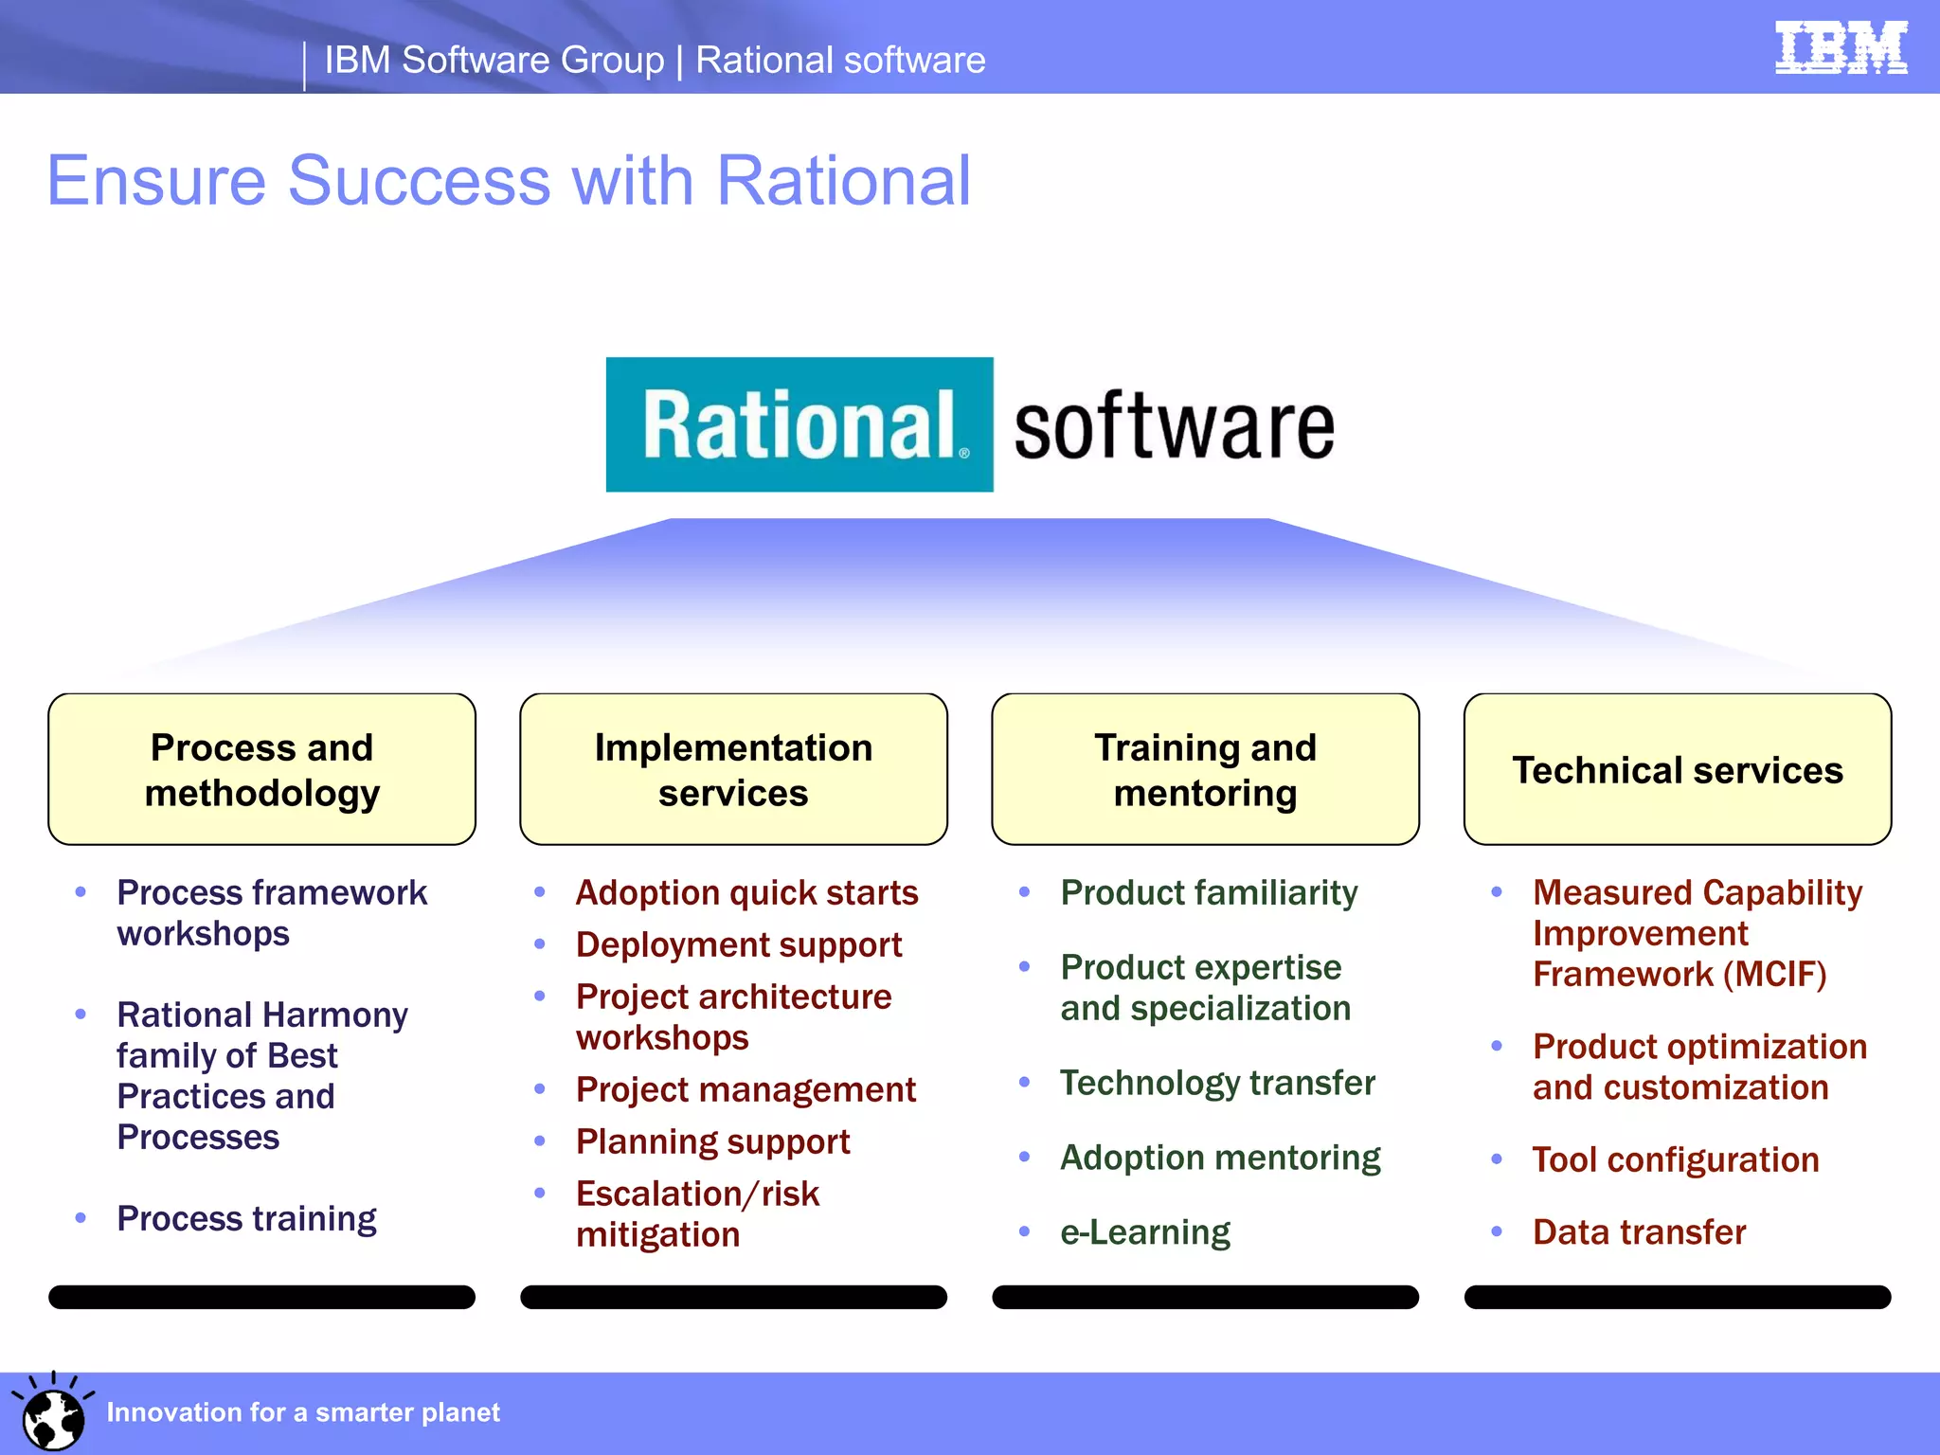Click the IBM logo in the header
click(1841, 47)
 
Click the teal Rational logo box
click(799, 424)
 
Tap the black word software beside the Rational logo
click(1174, 428)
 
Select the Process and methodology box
click(261, 769)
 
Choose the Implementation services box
click(733, 769)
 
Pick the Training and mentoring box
click(1205, 769)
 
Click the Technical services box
click(1677, 769)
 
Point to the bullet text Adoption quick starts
click(746, 892)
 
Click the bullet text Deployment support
click(739, 944)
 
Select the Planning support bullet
click(712, 1141)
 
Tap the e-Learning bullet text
click(1144, 1231)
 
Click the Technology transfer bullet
click(1217, 1083)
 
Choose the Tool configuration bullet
click(1675, 1159)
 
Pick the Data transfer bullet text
click(1639, 1231)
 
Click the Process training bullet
click(246, 1218)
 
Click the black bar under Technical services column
click(1677, 1297)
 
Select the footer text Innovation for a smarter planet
click(303, 1412)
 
